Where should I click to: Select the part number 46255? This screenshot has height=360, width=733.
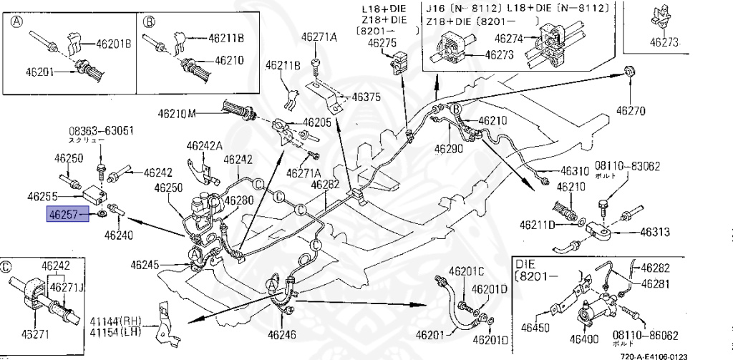[44, 195]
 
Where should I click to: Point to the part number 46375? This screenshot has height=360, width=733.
[365, 99]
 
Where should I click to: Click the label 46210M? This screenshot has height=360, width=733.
[179, 113]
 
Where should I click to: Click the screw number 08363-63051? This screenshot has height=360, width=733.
[101, 132]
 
